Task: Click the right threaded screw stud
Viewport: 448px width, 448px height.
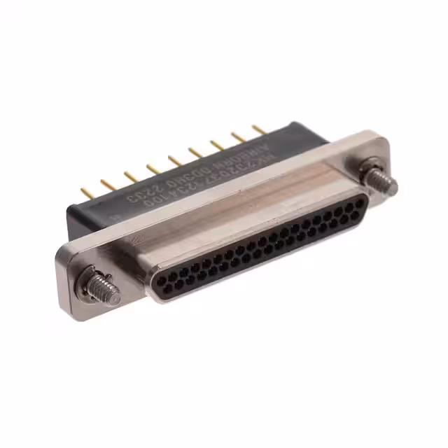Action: (384, 183)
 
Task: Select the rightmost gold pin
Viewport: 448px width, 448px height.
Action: (258, 129)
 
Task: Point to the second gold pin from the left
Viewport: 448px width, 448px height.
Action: (107, 183)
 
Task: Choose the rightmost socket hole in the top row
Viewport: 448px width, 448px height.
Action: (360, 200)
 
